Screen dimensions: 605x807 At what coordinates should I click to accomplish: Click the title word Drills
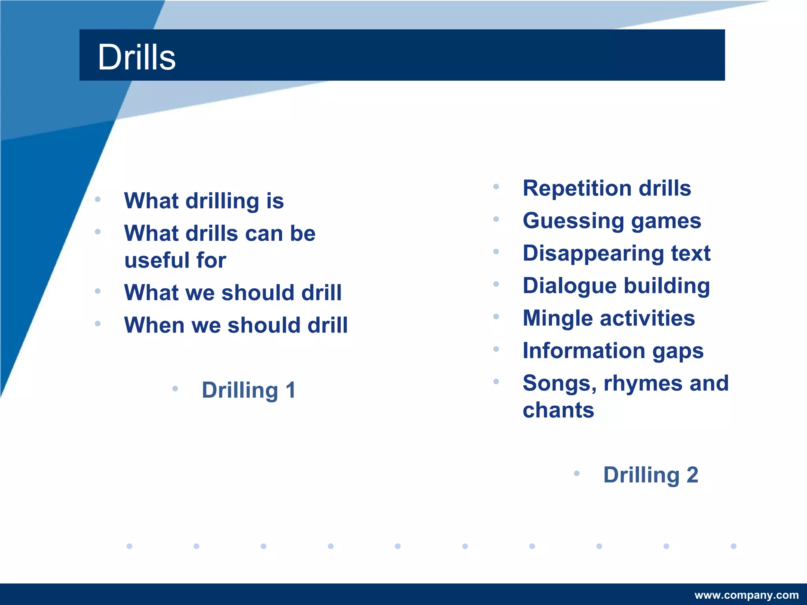136,58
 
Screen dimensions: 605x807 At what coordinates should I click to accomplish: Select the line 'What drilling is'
204,201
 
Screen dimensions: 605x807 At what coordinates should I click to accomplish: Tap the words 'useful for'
175,260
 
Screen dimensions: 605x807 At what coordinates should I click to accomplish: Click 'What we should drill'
232,293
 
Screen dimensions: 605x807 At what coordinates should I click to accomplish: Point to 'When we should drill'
236,325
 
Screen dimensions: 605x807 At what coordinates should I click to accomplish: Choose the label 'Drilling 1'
248,390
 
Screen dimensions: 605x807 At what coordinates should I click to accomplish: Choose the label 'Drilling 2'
651,475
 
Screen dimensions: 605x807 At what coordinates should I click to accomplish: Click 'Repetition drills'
606,188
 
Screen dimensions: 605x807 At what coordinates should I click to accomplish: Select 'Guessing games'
612,221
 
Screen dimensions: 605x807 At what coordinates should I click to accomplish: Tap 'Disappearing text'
616,253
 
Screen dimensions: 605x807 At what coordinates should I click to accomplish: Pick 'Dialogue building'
616,286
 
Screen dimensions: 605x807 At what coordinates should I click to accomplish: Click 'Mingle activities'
608,318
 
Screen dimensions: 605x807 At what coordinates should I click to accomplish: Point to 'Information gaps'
613,351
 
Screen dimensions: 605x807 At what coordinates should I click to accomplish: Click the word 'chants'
558,410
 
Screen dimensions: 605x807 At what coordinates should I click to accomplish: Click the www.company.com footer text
746,595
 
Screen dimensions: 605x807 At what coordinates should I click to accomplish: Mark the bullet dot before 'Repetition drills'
496,187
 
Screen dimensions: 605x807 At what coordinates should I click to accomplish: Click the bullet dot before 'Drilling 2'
576,473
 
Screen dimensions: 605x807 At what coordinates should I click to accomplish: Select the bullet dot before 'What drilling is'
98,199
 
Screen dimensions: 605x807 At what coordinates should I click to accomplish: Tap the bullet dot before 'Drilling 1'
175,389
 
